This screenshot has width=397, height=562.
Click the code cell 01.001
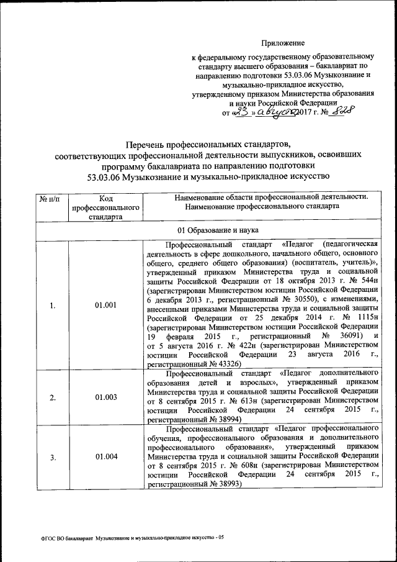[104, 306]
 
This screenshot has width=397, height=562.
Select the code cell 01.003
[104, 397]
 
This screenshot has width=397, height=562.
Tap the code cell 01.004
[104, 458]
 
